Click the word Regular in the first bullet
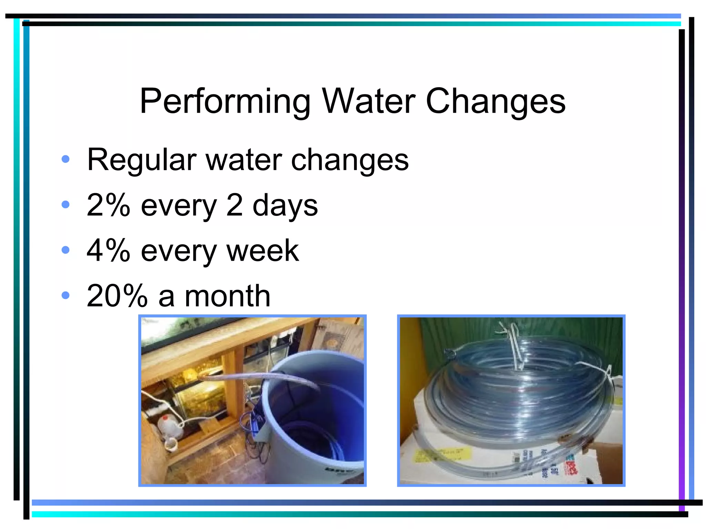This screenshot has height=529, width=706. pos(141,160)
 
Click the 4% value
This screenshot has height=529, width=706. pos(108,250)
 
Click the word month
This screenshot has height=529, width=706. pos(228,296)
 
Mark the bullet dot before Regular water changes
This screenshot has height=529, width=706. pos(65,159)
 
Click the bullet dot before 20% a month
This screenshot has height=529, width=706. pos(65,295)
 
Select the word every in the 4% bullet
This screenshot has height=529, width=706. pos(179,251)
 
